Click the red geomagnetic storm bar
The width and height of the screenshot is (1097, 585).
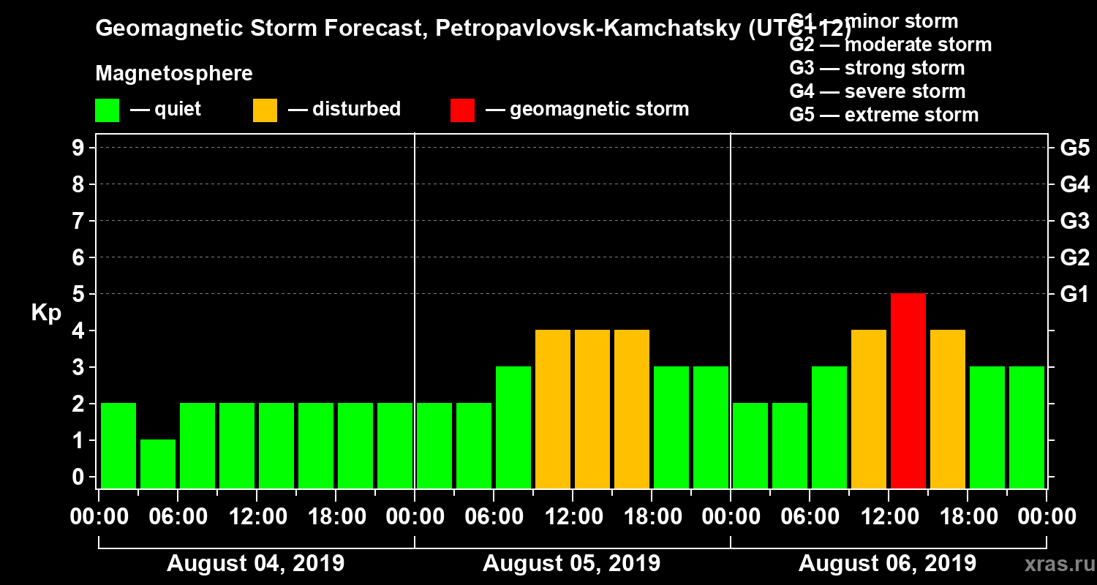click(908, 390)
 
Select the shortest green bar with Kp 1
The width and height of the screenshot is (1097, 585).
click(158, 464)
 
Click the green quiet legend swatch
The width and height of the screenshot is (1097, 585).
click(107, 110)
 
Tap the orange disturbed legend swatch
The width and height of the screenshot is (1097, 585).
click(265, 110)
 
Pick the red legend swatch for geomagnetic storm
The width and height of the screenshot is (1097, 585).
click(462, 110)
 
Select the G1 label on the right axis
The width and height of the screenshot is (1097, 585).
click(1074, 295)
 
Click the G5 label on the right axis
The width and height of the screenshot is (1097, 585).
click(1074, 148)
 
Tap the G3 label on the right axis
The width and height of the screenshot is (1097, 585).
click(1074, 222)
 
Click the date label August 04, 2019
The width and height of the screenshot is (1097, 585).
click(256, 564)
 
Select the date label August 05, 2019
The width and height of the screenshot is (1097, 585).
click(571, 564)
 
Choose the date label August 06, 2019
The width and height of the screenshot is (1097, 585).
click(887, 564)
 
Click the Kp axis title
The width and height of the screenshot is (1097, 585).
click(46, 313)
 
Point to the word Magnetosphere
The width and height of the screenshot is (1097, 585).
click(174, 74)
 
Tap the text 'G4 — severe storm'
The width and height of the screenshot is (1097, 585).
click(878, 91)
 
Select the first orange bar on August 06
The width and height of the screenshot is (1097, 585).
click(869, 409)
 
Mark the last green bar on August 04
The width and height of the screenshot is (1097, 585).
click(395, 445)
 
